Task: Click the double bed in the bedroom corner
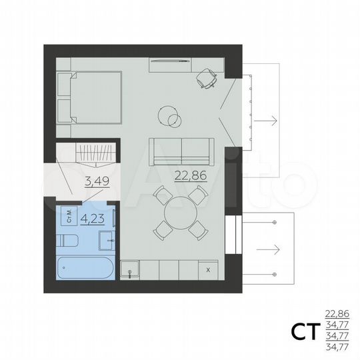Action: (x=89, y=97)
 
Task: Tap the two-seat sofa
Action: (x=181, y=151)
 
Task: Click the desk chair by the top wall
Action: (x=207, y=79)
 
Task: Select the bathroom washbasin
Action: (x=109, y=239)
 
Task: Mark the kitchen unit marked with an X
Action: (x=209, y=270)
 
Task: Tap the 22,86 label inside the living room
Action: (x=188, y=176)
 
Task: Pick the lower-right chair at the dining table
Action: (x=198, y=229)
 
